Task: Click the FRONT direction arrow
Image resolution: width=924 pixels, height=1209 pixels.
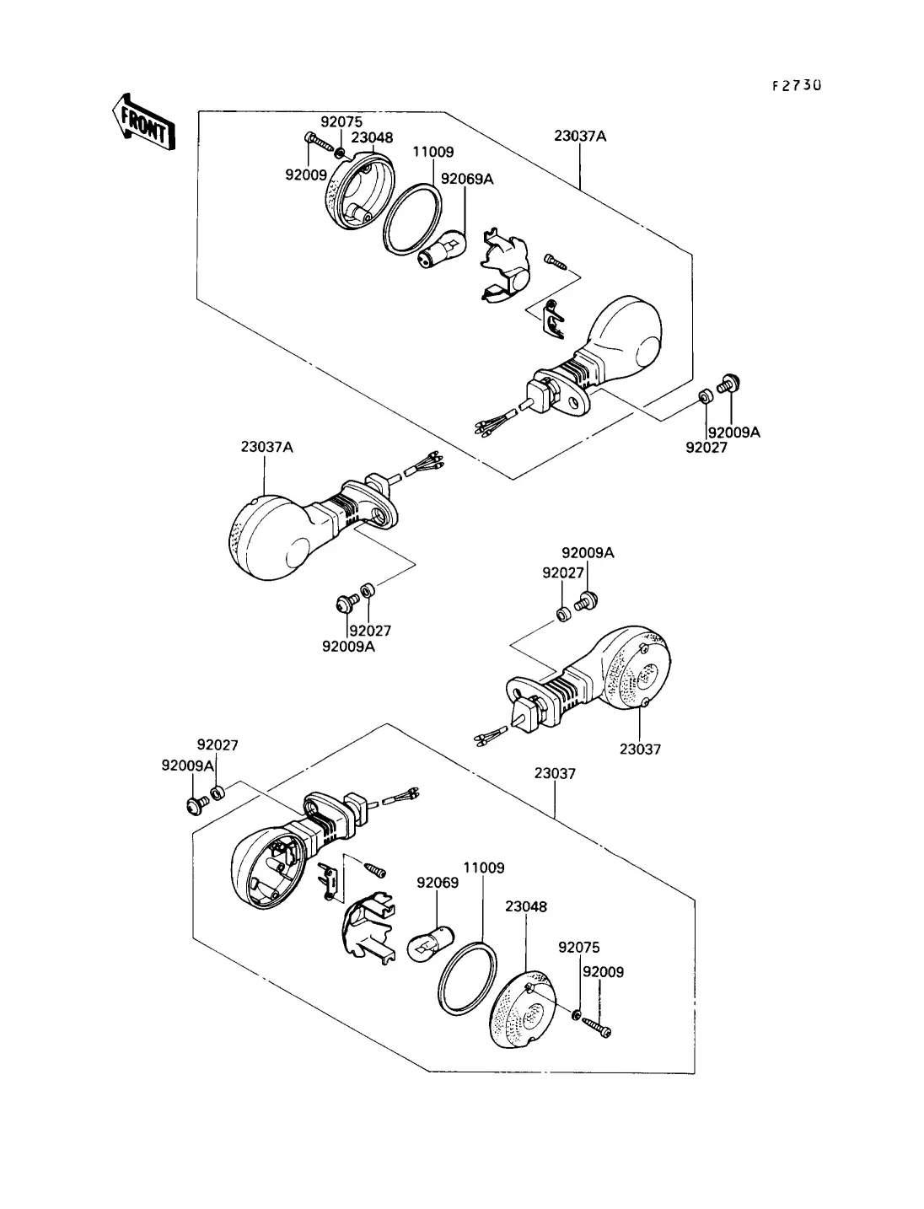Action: (x=143, y=123)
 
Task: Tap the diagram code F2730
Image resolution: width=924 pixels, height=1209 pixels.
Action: (x=796, y=85)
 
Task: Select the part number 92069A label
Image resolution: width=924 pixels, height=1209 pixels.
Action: (x=467, y=179)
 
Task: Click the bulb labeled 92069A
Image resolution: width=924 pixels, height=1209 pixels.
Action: (x=443, y=249)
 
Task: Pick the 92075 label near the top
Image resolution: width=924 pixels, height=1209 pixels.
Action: (x=341, y=121)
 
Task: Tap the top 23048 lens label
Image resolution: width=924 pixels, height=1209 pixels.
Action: (x=373, y=137)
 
